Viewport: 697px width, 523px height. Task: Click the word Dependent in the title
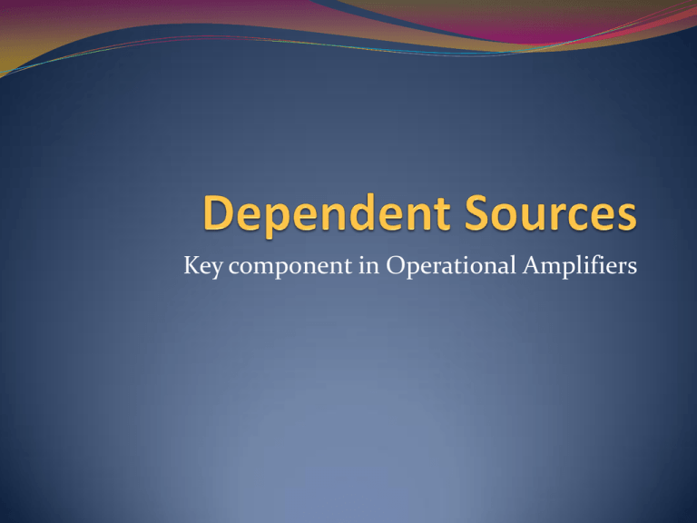(x=328, y=215)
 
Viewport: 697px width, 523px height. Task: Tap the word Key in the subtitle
(x=203, y=266)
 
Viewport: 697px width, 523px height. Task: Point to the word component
(x=290, y=267)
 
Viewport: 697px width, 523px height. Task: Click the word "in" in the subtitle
(x=369, y=265)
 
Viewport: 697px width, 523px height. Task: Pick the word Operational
(x=451, y=266)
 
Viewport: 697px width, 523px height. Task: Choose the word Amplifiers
(x=580, y=266)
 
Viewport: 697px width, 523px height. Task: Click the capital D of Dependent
(x=218, y=213)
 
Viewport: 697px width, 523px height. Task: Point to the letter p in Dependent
(x=281, y=221)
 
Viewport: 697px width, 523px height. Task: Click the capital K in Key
(x=191, y=264)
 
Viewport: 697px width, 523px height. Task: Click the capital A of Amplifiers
(x=532, y=264)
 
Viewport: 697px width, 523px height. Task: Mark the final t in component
(x=348, y=267)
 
